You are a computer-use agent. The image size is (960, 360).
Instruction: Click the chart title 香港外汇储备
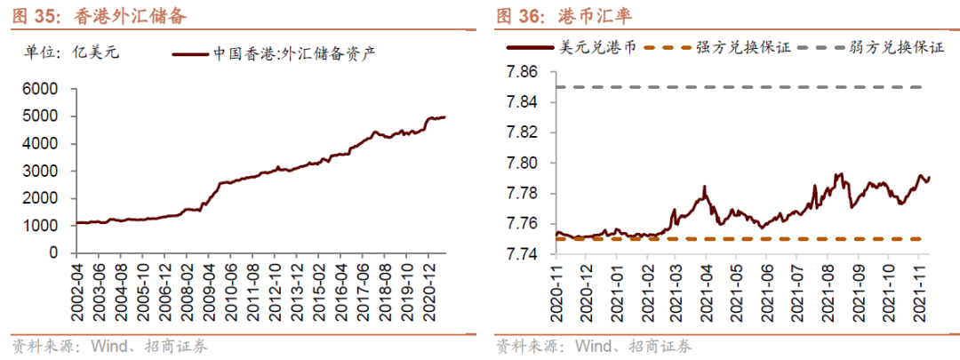[129, 15]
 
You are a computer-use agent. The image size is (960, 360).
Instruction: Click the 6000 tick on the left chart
[41, 89]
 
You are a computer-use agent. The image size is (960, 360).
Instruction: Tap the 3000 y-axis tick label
[41, 171]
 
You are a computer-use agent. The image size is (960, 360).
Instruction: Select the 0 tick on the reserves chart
[54, 253]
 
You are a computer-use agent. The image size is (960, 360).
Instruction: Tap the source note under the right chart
[593, 346]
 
